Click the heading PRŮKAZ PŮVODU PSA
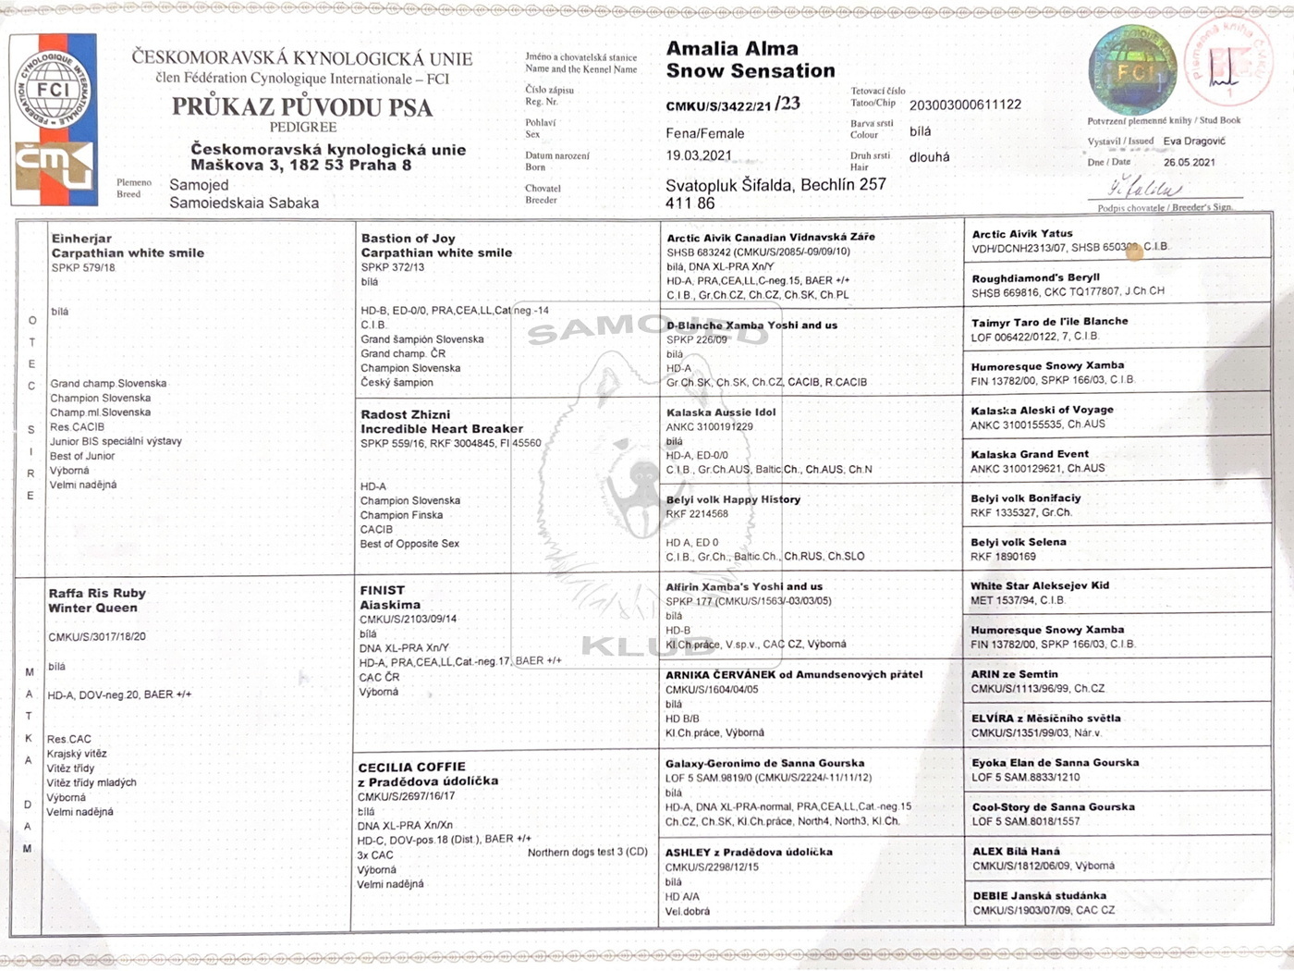pos(302,107)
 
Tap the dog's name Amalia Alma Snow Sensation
pos(750,59)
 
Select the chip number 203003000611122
pos(965,104)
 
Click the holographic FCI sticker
pos(1133,70)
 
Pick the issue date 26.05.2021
pos(1189,162)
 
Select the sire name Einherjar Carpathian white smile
pos(128,246)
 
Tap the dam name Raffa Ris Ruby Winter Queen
pos(97,600)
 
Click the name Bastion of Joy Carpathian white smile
pos(436,245)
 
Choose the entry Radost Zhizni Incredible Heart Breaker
pos(441,422)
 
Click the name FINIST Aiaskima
pos(390,597)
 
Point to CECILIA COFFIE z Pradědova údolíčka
pos(428,774)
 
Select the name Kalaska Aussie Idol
pos(721,412)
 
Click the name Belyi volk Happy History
pos(733,499)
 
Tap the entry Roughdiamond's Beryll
pos(1035,277)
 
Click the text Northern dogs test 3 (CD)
pos(587,852)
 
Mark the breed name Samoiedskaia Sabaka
pos(244,203)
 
